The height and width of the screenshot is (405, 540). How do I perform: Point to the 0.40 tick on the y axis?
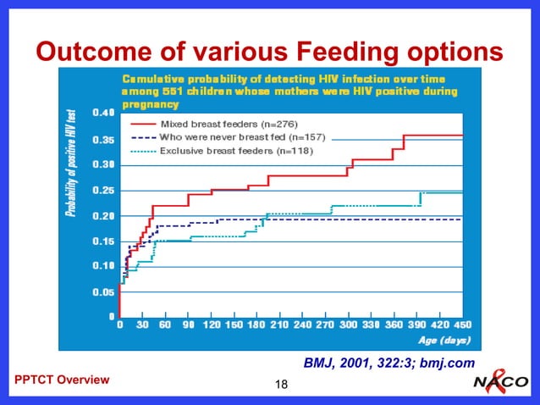(x=105, y=113)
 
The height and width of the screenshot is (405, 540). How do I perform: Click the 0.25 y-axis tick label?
(x=105, y=190)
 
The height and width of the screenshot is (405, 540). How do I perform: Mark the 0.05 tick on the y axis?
(x=105, y=291)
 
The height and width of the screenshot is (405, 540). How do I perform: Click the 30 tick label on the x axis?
(x=142, y=324)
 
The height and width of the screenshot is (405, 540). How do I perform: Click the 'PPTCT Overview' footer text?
(x=63, y=380)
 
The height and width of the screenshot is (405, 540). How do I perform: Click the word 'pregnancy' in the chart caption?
(x=150, y=105)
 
